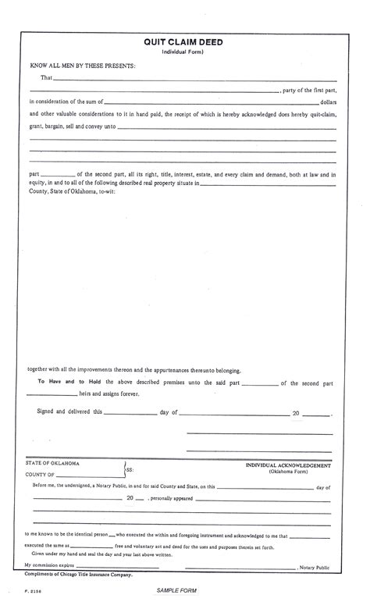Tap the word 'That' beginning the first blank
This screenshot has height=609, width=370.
coord(46,78)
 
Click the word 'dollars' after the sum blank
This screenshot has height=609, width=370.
coord(329,102)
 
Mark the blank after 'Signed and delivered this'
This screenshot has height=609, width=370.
coord(130,413)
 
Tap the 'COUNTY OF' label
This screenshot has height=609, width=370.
coord(40,474)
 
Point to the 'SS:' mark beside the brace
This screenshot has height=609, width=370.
coord(130,471)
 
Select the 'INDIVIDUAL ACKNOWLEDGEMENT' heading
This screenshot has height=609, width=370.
coord(288,465)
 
